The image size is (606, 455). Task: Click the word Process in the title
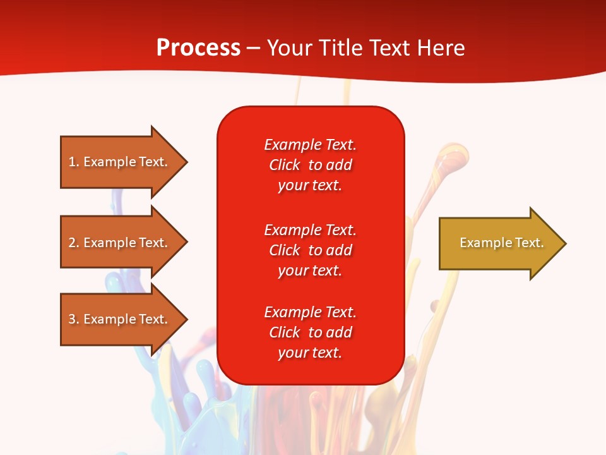(198, 48)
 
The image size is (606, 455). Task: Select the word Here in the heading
(441, 48)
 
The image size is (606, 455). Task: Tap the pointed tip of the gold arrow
(564, 243)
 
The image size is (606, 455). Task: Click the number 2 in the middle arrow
(72, 243)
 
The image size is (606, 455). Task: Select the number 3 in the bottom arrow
(72, 319)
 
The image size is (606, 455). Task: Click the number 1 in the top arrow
(72, 162)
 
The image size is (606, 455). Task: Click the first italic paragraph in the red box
(310, 165)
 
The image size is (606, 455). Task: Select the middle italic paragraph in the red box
(310, 250)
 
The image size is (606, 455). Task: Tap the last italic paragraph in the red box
(310, 332)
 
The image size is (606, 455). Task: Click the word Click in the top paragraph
(284, 165)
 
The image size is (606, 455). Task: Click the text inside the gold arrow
(501, 243)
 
